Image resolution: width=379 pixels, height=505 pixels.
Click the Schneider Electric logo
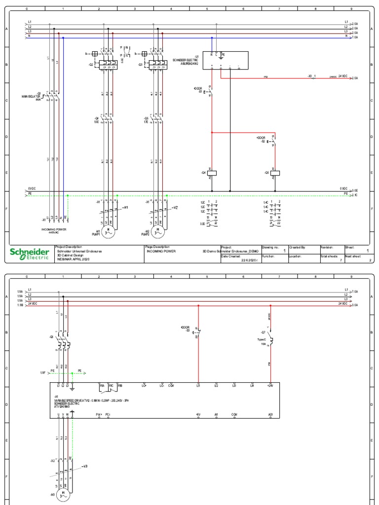(30, 253)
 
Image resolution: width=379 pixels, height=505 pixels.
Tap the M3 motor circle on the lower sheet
(64, 495)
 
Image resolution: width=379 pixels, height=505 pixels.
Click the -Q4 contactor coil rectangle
(212, 173)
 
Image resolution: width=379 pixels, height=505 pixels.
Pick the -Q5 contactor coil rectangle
(275, 173)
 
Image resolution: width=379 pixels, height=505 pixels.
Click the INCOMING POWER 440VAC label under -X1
(55, 231)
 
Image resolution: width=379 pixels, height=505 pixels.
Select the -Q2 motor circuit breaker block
(105, 64)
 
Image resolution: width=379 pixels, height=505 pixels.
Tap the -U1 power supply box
(225, 60)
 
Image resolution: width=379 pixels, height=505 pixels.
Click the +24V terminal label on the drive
(270, 385)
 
